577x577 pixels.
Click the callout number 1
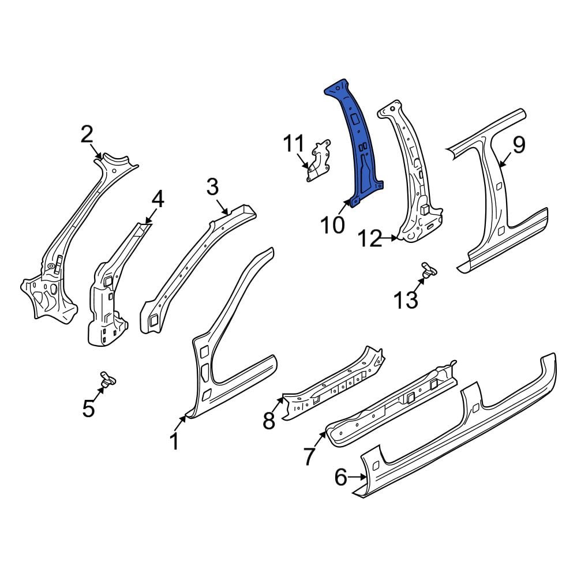pyautogui.click(x=175, y=441)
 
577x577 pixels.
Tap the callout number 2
pyautogui.click(x=87, y=134)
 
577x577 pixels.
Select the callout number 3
pyautogui.click(x=213, y=186)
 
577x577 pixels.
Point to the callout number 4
pyautogui.click(x=158, y=200)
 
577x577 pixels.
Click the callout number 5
pyautogui.click(x=89, y=409)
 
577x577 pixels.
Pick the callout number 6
pyautogui.click(x=341, y=477)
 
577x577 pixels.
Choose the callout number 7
pyautogui.click(x=309, y=456)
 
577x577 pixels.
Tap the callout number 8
pyautogui.click(x=269, y=421)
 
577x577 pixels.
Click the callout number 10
pyautogui.click(x=333, y=225)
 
